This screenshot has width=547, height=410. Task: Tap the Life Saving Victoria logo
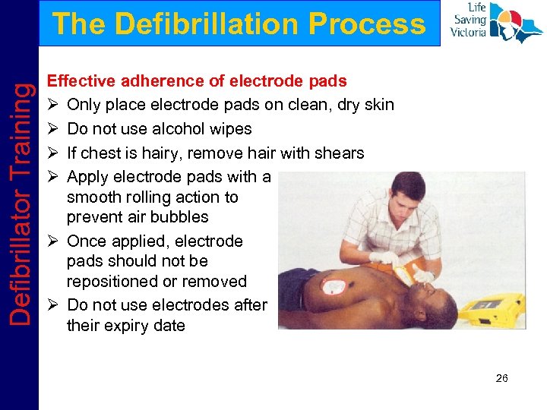[x=495, y=23]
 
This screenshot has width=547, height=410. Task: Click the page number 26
[x=501, y=378]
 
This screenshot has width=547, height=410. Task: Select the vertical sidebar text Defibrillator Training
[x=22, y=205]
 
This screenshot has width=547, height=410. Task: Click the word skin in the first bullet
[x=378, y=104]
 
